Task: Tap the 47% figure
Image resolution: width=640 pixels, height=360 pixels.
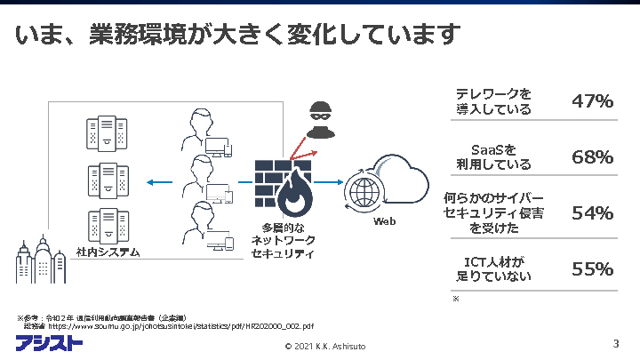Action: pyautogui.click(x=592, y=101)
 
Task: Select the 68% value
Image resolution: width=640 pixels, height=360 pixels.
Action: pyautogui.click(x=592, y=157)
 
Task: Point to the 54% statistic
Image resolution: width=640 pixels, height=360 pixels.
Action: pyautogui.click(x=592, y=213)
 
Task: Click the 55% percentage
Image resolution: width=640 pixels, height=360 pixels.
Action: pyautogui.click(x=592, y=268)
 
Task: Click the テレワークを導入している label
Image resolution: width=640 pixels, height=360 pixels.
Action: pyautogui.click(x=493, y=101)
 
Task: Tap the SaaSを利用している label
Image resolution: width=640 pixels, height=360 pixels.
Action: pyautogui.click(x=493, y=157)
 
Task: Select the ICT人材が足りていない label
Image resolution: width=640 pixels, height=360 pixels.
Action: pyautogui.click(x=493, y=268)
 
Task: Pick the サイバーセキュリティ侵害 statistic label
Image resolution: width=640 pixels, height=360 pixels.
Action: pyautogui.click(x=493, y=213)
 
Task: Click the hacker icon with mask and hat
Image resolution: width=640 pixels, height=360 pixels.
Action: pyautogui.click(x=318, y=116)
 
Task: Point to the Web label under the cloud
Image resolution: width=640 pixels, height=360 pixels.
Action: pyautogui.click(x=384, y=220)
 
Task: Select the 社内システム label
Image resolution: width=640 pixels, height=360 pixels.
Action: pyautogui.click(x=108, y=252)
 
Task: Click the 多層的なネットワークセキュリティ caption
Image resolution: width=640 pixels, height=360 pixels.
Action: pyautogui.click(x=284, y=240)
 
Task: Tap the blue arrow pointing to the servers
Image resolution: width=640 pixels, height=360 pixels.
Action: pyautogui.click(x=159, y=183)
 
